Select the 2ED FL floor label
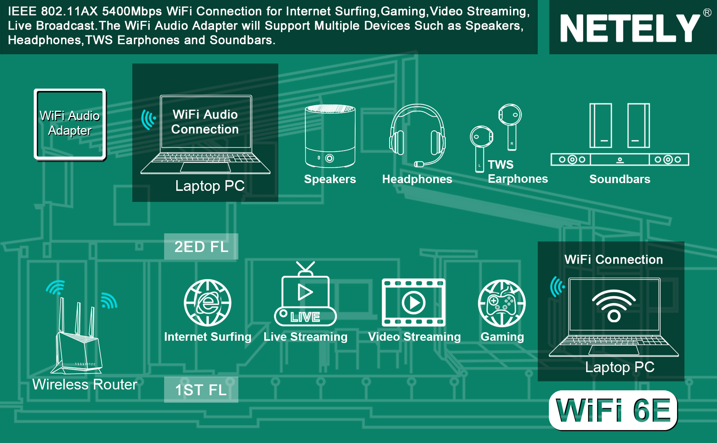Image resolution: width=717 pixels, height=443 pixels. (x=201, y=247)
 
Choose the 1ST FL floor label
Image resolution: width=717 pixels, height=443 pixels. (x=201, y=390)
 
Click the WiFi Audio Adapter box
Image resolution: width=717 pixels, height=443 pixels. (x=70, y=124)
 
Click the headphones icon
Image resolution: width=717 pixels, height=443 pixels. (x=417, y=135)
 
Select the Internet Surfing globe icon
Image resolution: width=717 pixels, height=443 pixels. (x=208, y=303)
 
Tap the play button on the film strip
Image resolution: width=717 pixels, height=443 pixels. (x=414, y=303)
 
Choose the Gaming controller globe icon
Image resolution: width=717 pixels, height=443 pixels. (x=502, y=303)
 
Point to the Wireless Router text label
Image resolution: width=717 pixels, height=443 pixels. (x=85, y=385)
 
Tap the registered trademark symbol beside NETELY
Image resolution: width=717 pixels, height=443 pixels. (x=707, y=13)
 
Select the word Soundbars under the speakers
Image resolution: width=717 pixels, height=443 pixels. (x=620, y=179)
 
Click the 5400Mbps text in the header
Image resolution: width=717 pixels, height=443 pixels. (x=132, y=11)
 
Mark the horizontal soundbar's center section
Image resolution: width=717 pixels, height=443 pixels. (x=620, y=159)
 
